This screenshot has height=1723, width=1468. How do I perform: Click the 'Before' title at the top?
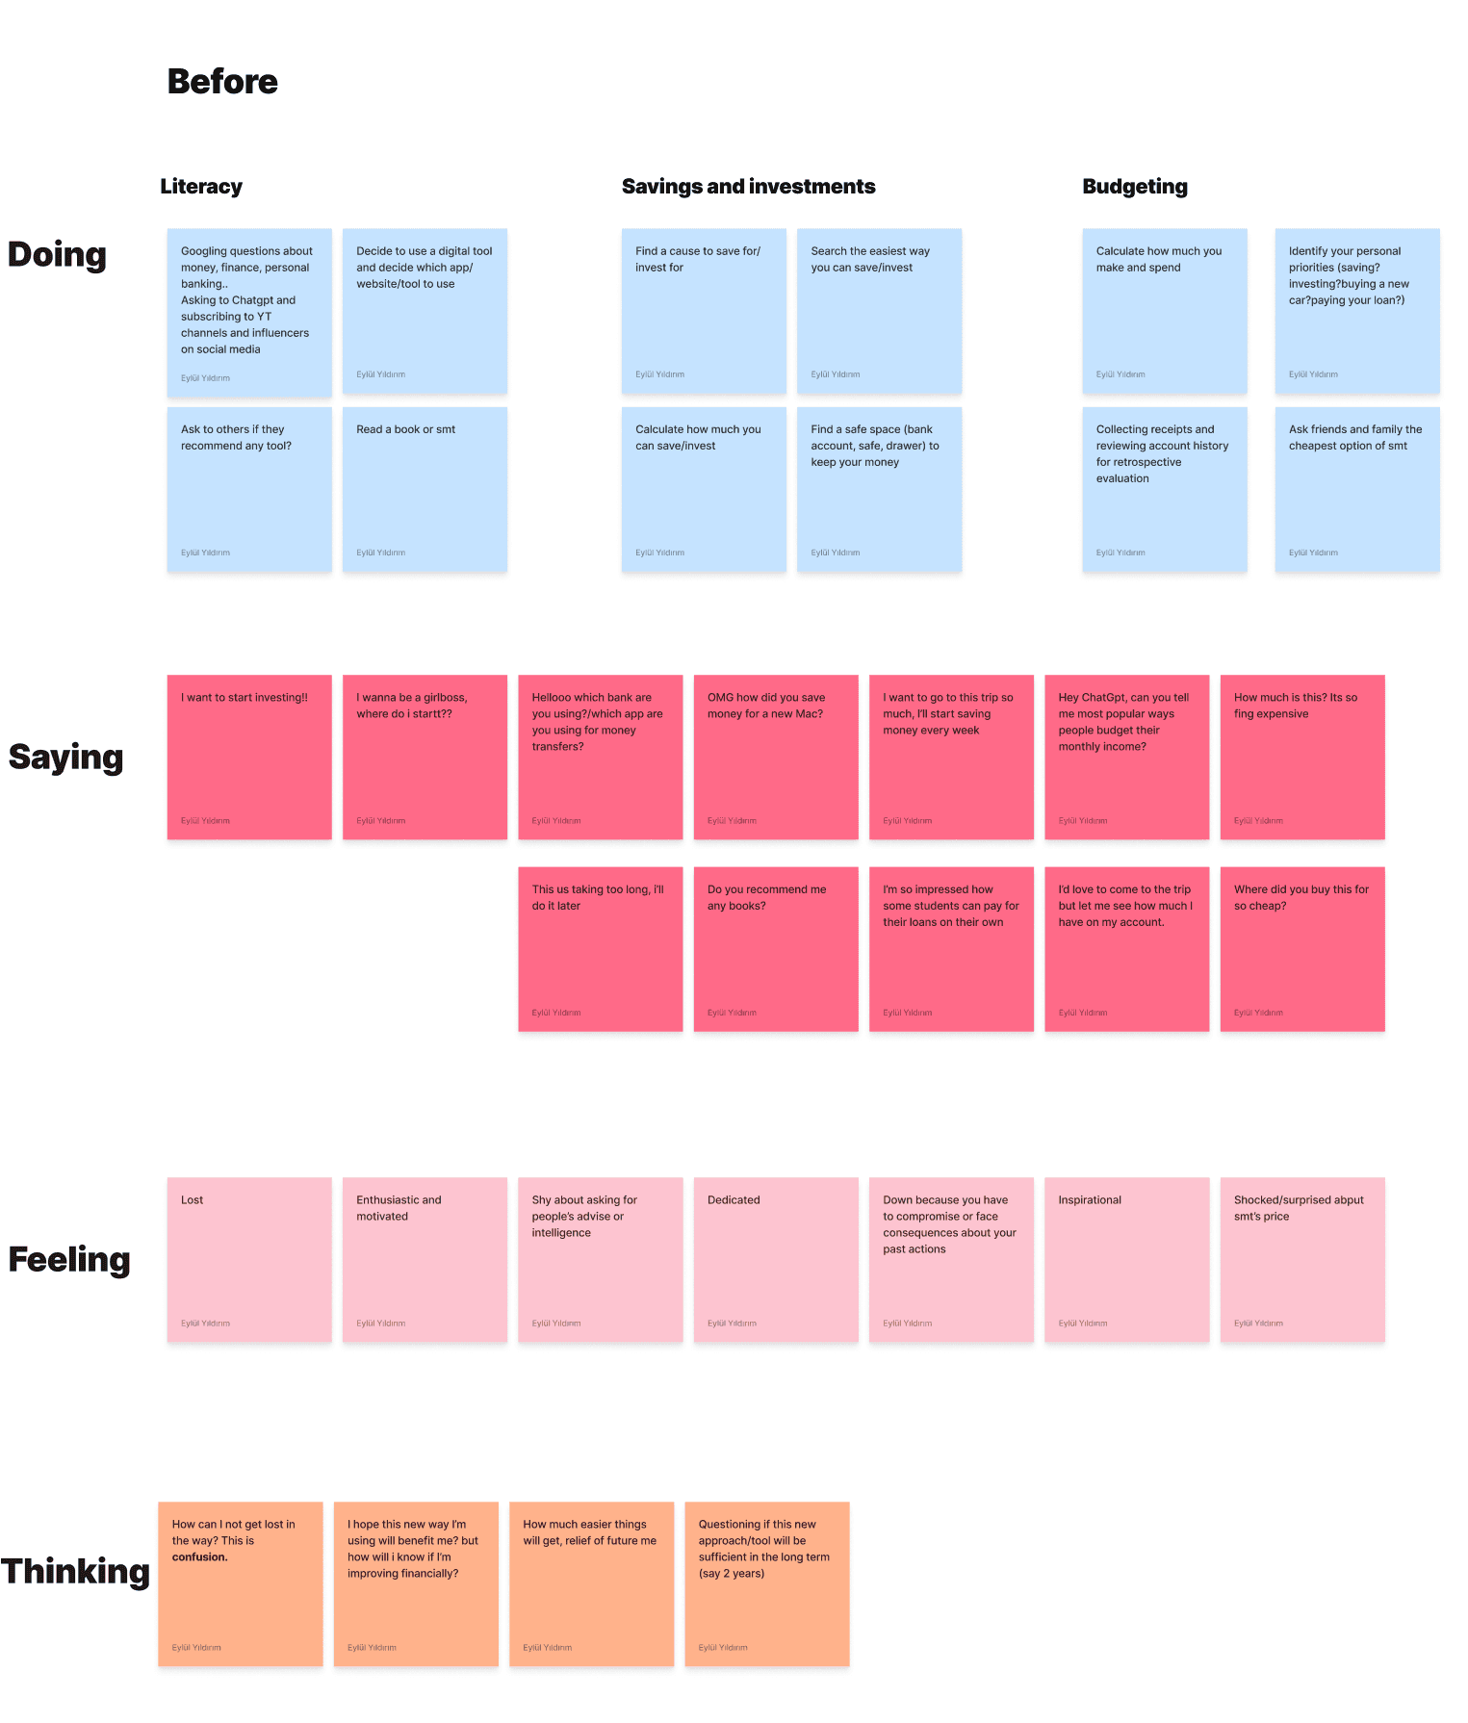click(222, 82)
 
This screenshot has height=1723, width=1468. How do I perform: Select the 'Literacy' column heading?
click(201, 187)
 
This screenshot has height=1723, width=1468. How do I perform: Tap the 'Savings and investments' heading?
click(748, 187)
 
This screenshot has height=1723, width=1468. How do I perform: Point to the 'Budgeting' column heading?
click(1134, 187)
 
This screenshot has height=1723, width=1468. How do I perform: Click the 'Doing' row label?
click(57, 255)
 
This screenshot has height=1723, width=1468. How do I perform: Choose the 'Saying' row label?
click(65, 758)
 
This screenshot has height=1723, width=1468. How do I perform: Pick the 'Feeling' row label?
click(68, 1260)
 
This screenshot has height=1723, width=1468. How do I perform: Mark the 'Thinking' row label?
click(75, 1572)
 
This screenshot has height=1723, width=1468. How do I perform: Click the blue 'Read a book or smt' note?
click(425, 489)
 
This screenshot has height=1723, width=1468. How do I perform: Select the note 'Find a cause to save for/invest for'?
click(704, 310)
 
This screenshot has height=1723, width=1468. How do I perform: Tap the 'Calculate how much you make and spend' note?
click(1164, 310)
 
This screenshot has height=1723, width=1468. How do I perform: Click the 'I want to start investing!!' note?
click(249, 757)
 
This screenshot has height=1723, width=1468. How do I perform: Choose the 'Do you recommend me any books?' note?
click(775, 949)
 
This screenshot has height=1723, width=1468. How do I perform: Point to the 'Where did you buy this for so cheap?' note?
click(1301, 949)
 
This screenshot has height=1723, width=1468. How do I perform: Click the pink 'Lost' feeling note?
click(249, 1259)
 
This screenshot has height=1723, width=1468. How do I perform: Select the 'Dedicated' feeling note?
click(775, 1259)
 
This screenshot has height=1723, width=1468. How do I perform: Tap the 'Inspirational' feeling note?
click(1126, 1259)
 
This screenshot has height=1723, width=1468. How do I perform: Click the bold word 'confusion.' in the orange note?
click(200, 1557)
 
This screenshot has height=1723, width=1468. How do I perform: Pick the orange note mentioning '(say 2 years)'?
click(766, 1583)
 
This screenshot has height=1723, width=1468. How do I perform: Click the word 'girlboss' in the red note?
click(445, 698)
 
